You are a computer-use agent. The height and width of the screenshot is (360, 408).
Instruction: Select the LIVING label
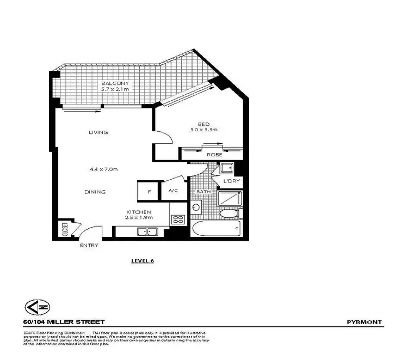point(98,132)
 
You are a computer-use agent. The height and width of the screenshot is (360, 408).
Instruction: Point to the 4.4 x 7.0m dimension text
point(104,169)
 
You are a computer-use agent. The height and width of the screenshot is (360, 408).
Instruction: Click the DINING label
point(95,192)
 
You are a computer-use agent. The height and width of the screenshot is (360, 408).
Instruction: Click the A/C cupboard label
point(174,191)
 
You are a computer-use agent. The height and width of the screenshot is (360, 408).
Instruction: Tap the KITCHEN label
point(139,212)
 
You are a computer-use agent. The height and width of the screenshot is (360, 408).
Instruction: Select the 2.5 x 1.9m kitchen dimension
point(139,218)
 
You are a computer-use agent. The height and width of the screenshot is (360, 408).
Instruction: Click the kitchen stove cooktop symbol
point(178,219)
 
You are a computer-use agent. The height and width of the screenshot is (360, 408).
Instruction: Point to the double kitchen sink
point(146,232)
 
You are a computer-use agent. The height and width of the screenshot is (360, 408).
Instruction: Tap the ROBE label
point(214,155)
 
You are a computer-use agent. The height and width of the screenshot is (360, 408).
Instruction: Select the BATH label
point(203,192)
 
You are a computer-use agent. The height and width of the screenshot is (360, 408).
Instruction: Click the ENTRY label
point(89,246)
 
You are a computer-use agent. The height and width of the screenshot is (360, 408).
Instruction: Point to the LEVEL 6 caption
point(143,260)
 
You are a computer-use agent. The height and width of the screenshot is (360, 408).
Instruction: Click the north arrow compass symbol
point(33,308)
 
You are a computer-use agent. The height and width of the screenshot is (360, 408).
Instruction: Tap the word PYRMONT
point(364,322)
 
